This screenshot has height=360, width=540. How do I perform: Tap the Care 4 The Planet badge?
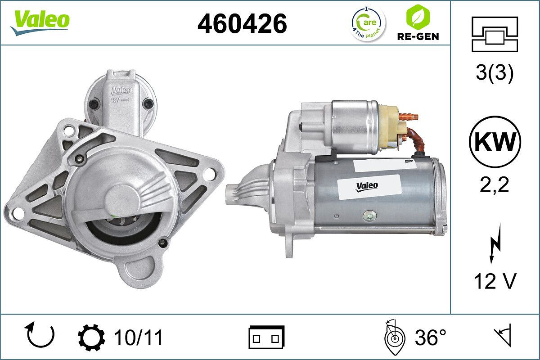pyautogui.click(x=368, y=24)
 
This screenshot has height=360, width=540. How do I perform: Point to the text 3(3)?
pyautogui.click(x=495, y=74)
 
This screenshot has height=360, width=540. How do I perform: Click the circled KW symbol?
pyautogui.click(x=495, y=142)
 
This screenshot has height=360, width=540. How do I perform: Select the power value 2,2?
pyautogui.click(x=495, y=185)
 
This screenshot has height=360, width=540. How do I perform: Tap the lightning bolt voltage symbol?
pyautogui.click(x=495, y=246)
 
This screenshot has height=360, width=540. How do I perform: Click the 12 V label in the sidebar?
pyautogui.click(x=495, y=281)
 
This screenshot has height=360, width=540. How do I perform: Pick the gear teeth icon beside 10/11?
pyautogui.click(x=91, y=337)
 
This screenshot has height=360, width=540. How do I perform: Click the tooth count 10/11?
pyautogui.click(x=138, y=337)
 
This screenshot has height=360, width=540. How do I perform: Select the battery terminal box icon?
pyautogui.click(x=266, y=337)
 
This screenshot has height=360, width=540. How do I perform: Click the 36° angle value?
pyautogui.click(x=430, y=337)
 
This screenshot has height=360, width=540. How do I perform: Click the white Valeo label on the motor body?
pyautogui.click(x=368, y=185)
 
